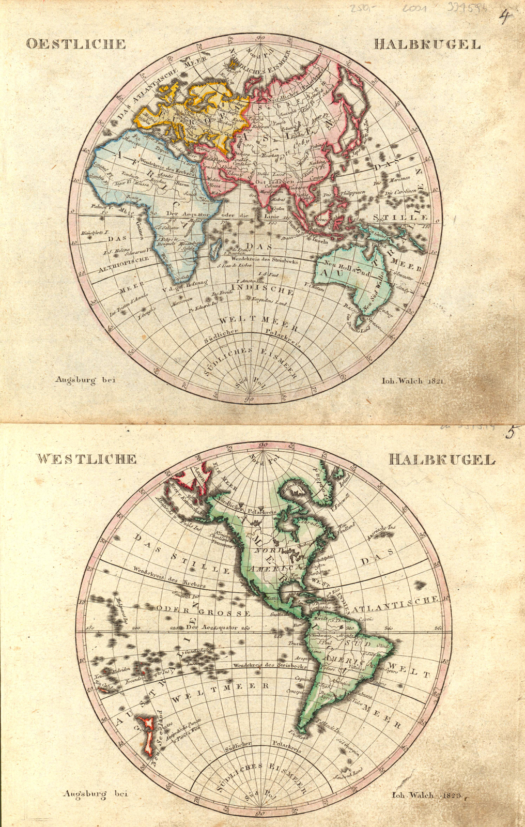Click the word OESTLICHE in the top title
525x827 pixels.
click(75, 43)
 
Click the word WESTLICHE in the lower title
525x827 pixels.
click(86, 459)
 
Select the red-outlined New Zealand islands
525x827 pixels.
click(148, 734)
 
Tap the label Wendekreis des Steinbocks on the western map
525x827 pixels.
click(264, 665)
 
